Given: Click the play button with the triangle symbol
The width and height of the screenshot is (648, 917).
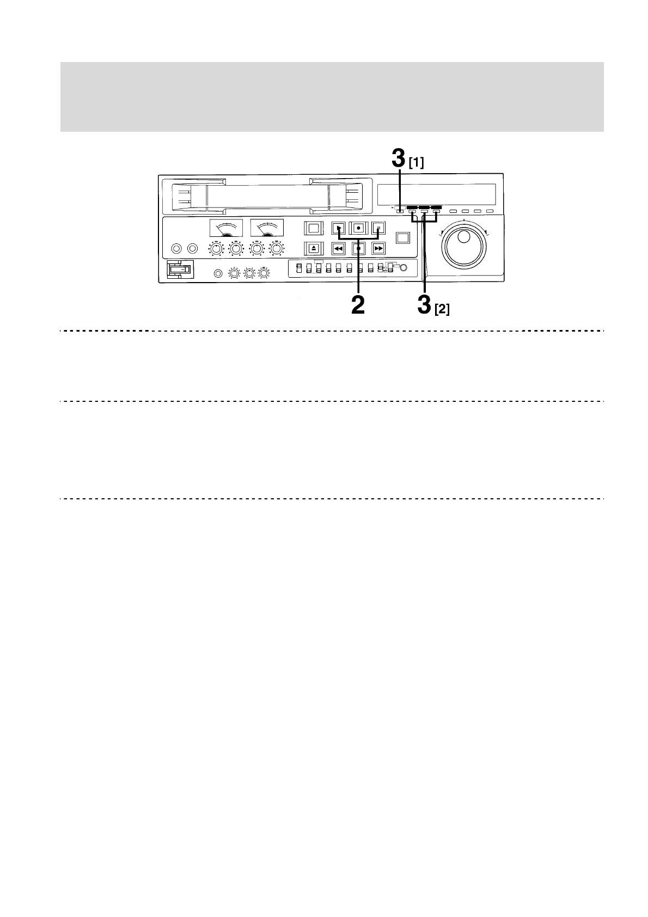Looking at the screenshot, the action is pos(339,229).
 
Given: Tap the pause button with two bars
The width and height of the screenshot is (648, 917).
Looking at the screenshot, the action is pos(378,229).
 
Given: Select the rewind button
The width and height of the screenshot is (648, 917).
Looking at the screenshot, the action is pos(339,249).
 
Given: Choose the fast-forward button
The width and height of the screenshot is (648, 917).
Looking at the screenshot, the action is pos(378,249).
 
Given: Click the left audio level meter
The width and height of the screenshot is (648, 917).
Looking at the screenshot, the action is pos(226,228).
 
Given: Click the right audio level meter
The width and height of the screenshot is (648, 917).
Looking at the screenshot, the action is pos(266,228).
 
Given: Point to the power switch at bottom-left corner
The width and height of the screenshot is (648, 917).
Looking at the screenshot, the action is pos(179,270).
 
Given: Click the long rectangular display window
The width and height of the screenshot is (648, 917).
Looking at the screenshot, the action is pos(436,193).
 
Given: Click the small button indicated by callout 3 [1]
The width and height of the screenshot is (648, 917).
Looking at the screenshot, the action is pos(400,211).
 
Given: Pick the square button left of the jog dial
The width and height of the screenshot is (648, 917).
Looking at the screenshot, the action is pos(402,238).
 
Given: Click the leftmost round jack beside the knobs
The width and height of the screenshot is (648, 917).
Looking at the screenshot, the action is pos(176,249).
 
